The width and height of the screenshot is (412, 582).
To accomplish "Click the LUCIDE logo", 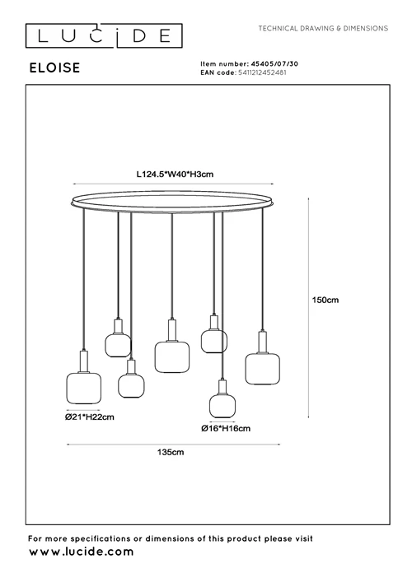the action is pyautogui.click(x=104, y=35).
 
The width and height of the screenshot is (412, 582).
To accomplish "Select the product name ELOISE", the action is pyautogui.click(x=54, y=68).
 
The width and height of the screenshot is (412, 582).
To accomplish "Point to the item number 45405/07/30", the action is pyautogui.click(x=274, y=64).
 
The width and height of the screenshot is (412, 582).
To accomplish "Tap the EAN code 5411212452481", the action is pyautogui.click(x=262, y=72).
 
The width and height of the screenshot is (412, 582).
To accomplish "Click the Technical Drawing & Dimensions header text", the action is pyautogui.click(x=323, y=28).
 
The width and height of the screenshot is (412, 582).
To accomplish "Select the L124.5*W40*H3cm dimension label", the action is pyautogui.click(x=175, y=174).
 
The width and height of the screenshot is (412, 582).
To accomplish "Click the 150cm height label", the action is pyautogui.click(x=325, y=300).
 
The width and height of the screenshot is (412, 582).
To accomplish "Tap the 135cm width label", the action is pyautogui.click(x=171, y=452).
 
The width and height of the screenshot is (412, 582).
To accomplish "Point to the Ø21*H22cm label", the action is pyautogui.click(x=90, y=417).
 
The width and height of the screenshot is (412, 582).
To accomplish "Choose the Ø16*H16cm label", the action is pyautogui.click(x=226, y=428).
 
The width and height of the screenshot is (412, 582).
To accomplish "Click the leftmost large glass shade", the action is pyautogui.click(x=83, y=389).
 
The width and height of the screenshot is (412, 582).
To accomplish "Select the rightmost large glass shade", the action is pyautogui.click(x=262, y=369).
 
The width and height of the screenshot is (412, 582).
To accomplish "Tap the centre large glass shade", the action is pyautogui.click(x=171, y=357).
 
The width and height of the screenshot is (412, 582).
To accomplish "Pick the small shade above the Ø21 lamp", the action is pyautogui.click(x=118, y=345).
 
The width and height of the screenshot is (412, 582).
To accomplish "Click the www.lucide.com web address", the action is pyautogui.click(x=82, y=552).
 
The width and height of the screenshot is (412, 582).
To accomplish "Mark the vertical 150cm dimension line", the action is pyautogui.click(x=309, y=308).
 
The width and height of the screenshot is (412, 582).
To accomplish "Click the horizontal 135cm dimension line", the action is pyautogui.click(x=173, y=444).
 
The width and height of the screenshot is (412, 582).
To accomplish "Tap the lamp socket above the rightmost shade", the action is pyautogui.click(x=262, y=342).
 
